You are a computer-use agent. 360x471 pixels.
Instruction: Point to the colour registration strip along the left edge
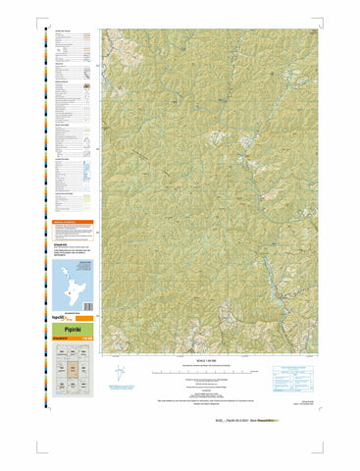point(40,196)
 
